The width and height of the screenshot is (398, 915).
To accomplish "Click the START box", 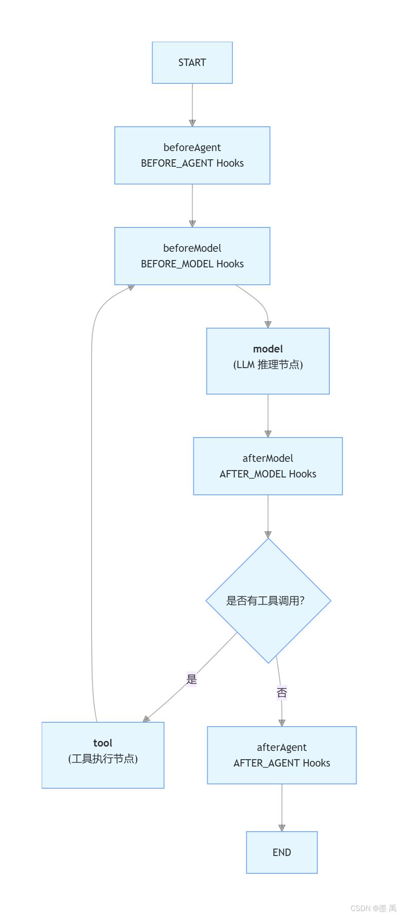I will tap(192, 63).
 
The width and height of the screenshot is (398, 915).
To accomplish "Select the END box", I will tap(282, 852).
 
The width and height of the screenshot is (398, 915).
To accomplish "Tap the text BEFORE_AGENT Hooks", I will tap(192, 163).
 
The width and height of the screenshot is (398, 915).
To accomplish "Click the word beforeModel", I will tap(192, 248).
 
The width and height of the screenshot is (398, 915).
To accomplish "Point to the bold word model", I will tap(268, 349).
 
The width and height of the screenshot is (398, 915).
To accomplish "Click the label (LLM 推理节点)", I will tap(268, 365).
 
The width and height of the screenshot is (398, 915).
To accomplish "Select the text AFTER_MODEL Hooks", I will tap(268, 474).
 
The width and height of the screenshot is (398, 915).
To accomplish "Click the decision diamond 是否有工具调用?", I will tap(268, 601).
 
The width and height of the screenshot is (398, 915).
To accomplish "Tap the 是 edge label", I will tap(192, 679).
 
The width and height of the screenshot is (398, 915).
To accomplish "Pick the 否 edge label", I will tap(282, 693).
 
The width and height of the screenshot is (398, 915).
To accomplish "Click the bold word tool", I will tap(103, 743).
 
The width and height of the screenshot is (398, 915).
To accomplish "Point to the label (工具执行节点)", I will tap(103, 759).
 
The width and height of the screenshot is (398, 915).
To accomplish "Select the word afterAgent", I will tap(282, 747).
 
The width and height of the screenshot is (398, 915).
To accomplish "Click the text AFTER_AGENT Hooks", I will tap(282, 763).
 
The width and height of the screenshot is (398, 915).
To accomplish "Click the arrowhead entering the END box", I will tap(282, 828).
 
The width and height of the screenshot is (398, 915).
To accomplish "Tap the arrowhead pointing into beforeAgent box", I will tap(192, 123).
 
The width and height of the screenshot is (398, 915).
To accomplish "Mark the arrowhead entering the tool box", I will tap(146, 719).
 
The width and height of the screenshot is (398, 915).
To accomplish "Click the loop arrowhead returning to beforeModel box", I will tap(131, 287).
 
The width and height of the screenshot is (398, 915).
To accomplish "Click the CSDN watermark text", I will tap(373, 908).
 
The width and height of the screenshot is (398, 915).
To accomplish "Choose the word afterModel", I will tap(268, 458).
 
